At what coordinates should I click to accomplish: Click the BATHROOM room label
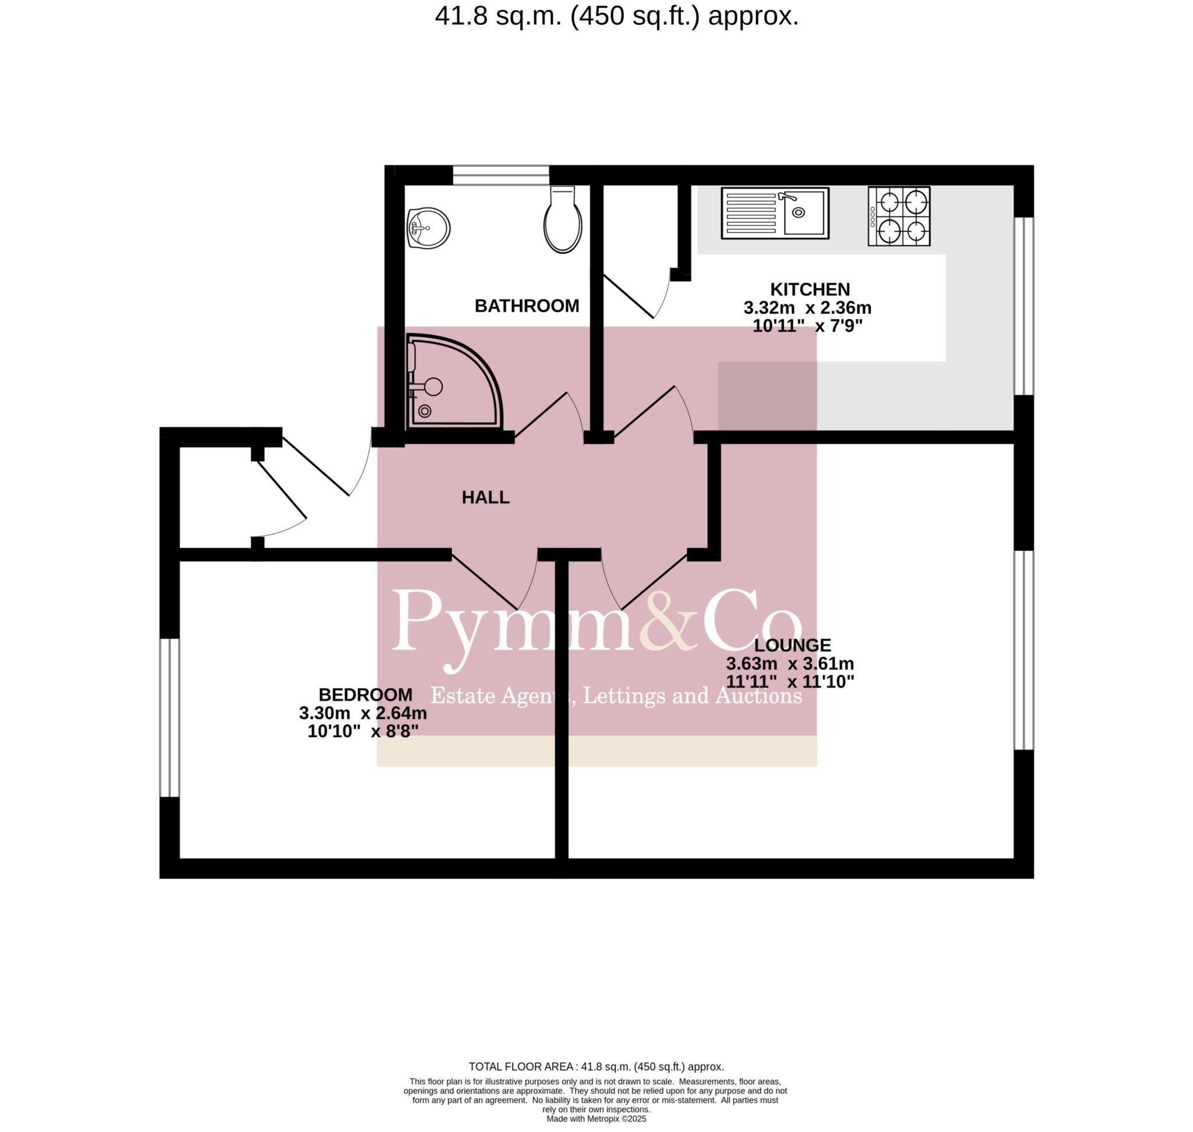click(527, 306)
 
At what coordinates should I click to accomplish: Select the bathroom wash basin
click(428, 229)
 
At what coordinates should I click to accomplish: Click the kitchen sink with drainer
click(775, 213)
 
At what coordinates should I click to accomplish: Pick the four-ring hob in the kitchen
click(898, 216)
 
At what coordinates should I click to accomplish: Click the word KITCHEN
click(809, 289)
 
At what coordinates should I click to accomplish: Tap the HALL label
click(485, 498)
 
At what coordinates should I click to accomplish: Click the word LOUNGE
click(792, 645)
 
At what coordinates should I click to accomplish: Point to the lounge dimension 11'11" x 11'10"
click(789, 682)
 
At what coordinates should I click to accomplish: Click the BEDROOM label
click(365, 695)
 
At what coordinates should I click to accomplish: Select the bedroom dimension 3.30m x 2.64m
click(363, 713)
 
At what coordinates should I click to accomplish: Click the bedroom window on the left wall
click(170, 717)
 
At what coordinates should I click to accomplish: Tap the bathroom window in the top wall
click(500, 175)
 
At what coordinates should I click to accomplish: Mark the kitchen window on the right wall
click(1023, 306)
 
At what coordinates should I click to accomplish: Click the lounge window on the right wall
click(1023, 650)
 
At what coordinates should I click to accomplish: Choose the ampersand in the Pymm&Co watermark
click(668, 621)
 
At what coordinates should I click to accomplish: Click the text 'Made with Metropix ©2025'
click(596, 1119)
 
